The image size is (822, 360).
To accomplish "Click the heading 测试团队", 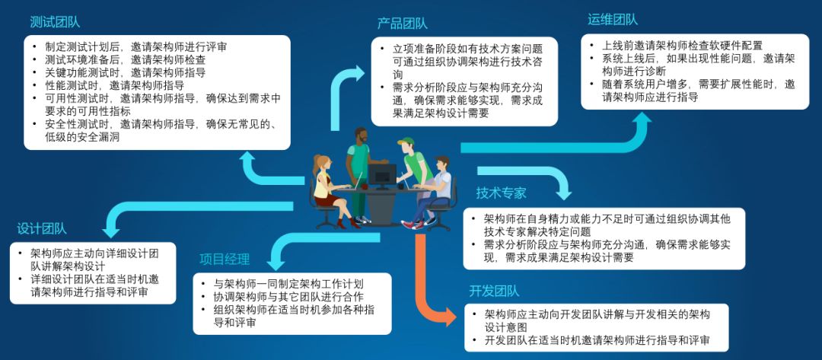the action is point(55,21).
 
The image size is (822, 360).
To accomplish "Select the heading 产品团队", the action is point(402,24).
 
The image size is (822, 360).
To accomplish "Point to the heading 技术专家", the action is point(501,193).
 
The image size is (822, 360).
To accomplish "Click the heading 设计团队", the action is point(42,228).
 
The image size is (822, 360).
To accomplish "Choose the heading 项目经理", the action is point(225,260).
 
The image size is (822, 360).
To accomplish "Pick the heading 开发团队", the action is point(494,291).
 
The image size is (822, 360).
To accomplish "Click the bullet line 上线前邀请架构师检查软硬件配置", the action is point(682,46).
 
